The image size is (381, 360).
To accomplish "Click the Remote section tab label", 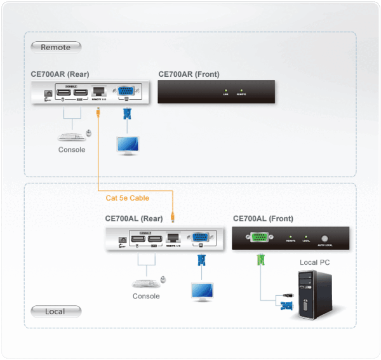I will (55, 47).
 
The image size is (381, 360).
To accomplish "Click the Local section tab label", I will (55, 311).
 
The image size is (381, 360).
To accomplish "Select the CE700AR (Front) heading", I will (189, 74).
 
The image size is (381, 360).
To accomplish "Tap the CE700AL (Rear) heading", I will (134, 218).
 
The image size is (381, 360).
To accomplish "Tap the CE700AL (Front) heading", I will (263, 218).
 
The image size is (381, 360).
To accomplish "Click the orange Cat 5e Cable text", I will (128, 198).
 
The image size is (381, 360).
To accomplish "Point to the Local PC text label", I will (314, 262).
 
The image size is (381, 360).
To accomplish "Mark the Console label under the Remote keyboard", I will (72, 150).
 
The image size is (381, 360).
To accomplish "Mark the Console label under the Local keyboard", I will (146, 296).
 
